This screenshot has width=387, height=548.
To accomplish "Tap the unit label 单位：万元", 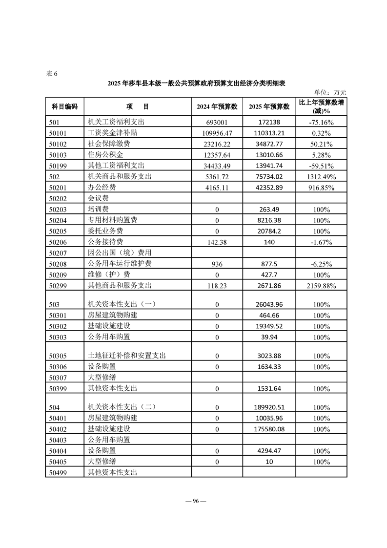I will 330,92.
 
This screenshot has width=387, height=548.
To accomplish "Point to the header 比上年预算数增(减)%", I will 321,106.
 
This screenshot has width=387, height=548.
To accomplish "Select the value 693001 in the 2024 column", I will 217,122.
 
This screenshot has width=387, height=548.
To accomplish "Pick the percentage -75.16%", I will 321,122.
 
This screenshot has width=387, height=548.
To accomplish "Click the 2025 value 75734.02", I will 269,176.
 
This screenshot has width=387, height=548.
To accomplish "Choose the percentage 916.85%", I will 321,188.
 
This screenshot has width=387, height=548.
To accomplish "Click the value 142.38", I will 217,242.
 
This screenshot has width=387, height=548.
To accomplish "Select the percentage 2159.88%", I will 321,286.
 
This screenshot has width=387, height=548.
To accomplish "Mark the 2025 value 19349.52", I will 269,326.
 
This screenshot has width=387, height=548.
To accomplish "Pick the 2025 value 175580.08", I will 269,429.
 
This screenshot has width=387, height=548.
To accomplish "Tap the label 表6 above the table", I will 52,74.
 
